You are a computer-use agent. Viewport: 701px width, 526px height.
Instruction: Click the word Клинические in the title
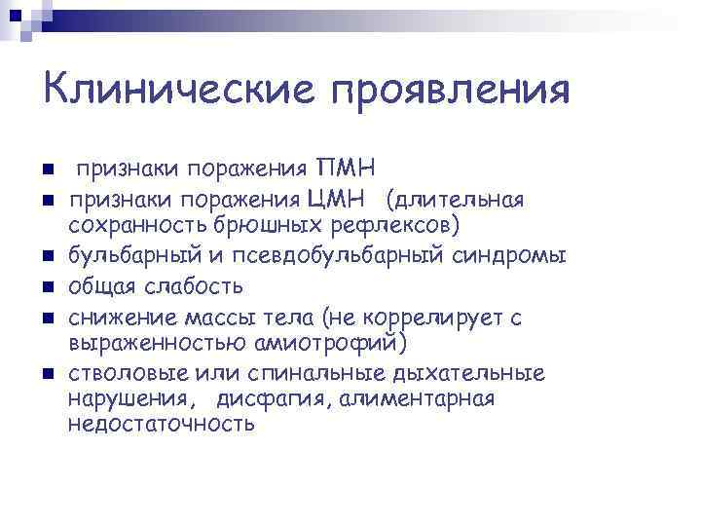(x=179, y=91)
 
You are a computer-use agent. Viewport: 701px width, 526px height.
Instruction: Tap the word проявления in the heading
(x=450, y=91)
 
